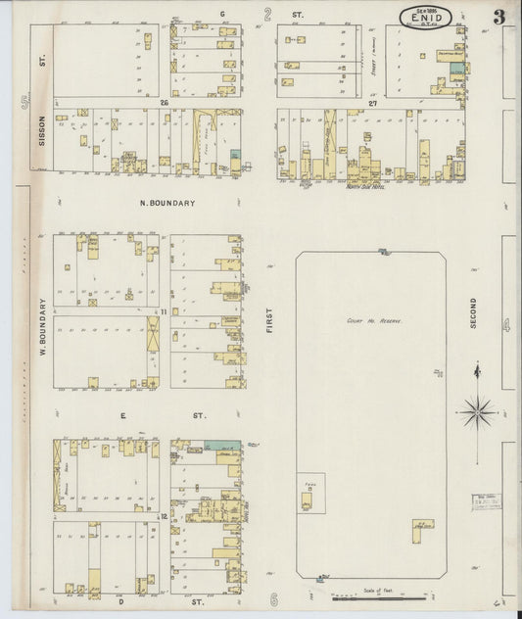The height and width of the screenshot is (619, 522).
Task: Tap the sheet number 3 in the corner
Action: [x=499, y=16]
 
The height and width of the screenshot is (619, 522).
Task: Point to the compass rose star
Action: [x=478, y=410]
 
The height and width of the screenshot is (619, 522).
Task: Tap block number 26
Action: [x=166, y=102]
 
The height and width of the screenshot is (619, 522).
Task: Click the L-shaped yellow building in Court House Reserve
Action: [x=423, y=527]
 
